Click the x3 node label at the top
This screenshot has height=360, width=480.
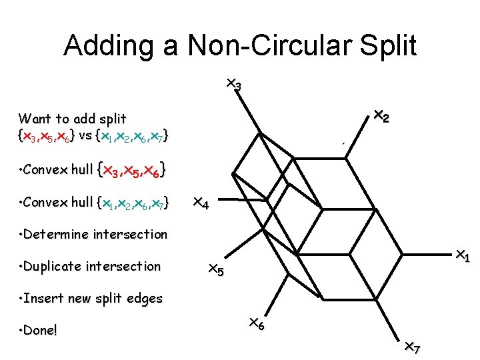(x=233, y=84)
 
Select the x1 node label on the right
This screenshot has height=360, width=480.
(x=462, y=255)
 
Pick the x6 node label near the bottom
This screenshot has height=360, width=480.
(x=257, y=323)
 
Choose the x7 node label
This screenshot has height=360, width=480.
(x=413, y=347)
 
